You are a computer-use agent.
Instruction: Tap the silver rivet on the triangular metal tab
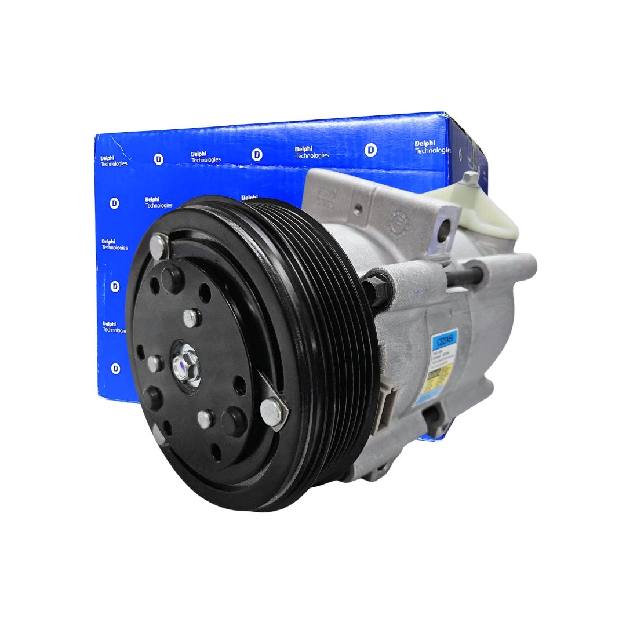pos(270,410)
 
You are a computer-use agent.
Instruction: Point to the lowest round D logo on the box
pos(115,369)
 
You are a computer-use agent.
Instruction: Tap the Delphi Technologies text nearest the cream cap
pos(432,147)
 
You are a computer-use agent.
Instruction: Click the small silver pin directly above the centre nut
pos(190,317)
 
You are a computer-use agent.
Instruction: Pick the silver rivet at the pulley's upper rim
pos(158,245)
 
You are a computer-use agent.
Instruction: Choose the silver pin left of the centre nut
pos(155,364)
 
